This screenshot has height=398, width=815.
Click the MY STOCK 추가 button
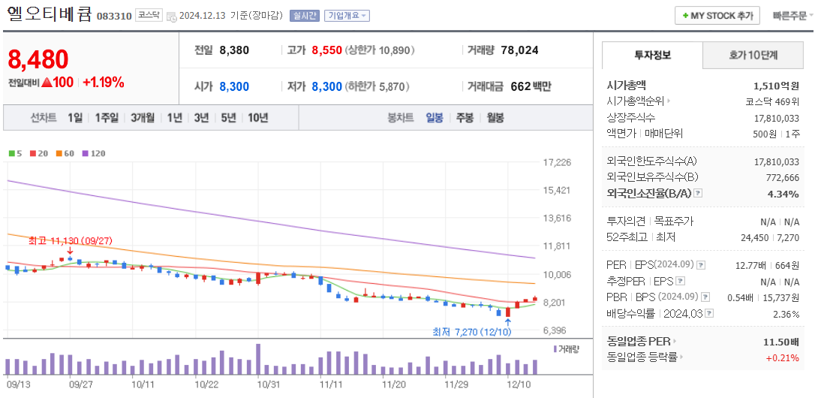tap(717, 16)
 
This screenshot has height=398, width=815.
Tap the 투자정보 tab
tap(652, 56)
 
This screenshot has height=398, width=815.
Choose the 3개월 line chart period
tap(142, 118)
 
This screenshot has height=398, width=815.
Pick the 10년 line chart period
tap(257, 118)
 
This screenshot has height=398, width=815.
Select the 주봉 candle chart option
tap(465, 118)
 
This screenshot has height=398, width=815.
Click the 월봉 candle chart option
tap(495, 118)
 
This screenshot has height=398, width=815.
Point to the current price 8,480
tap(38, 59)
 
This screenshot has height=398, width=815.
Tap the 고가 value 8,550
tap(326, 50)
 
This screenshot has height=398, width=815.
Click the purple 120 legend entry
tap(94, 153)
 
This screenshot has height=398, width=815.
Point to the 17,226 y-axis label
tap(556, 162)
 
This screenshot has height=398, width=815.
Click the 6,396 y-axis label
tap(556, 330)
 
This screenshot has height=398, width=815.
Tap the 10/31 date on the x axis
tap(268, 383)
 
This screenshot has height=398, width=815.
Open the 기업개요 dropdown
tap(346, 16)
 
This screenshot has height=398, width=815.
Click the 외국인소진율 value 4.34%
tap(783, 194)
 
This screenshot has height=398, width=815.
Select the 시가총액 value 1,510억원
tap(776, 86)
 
